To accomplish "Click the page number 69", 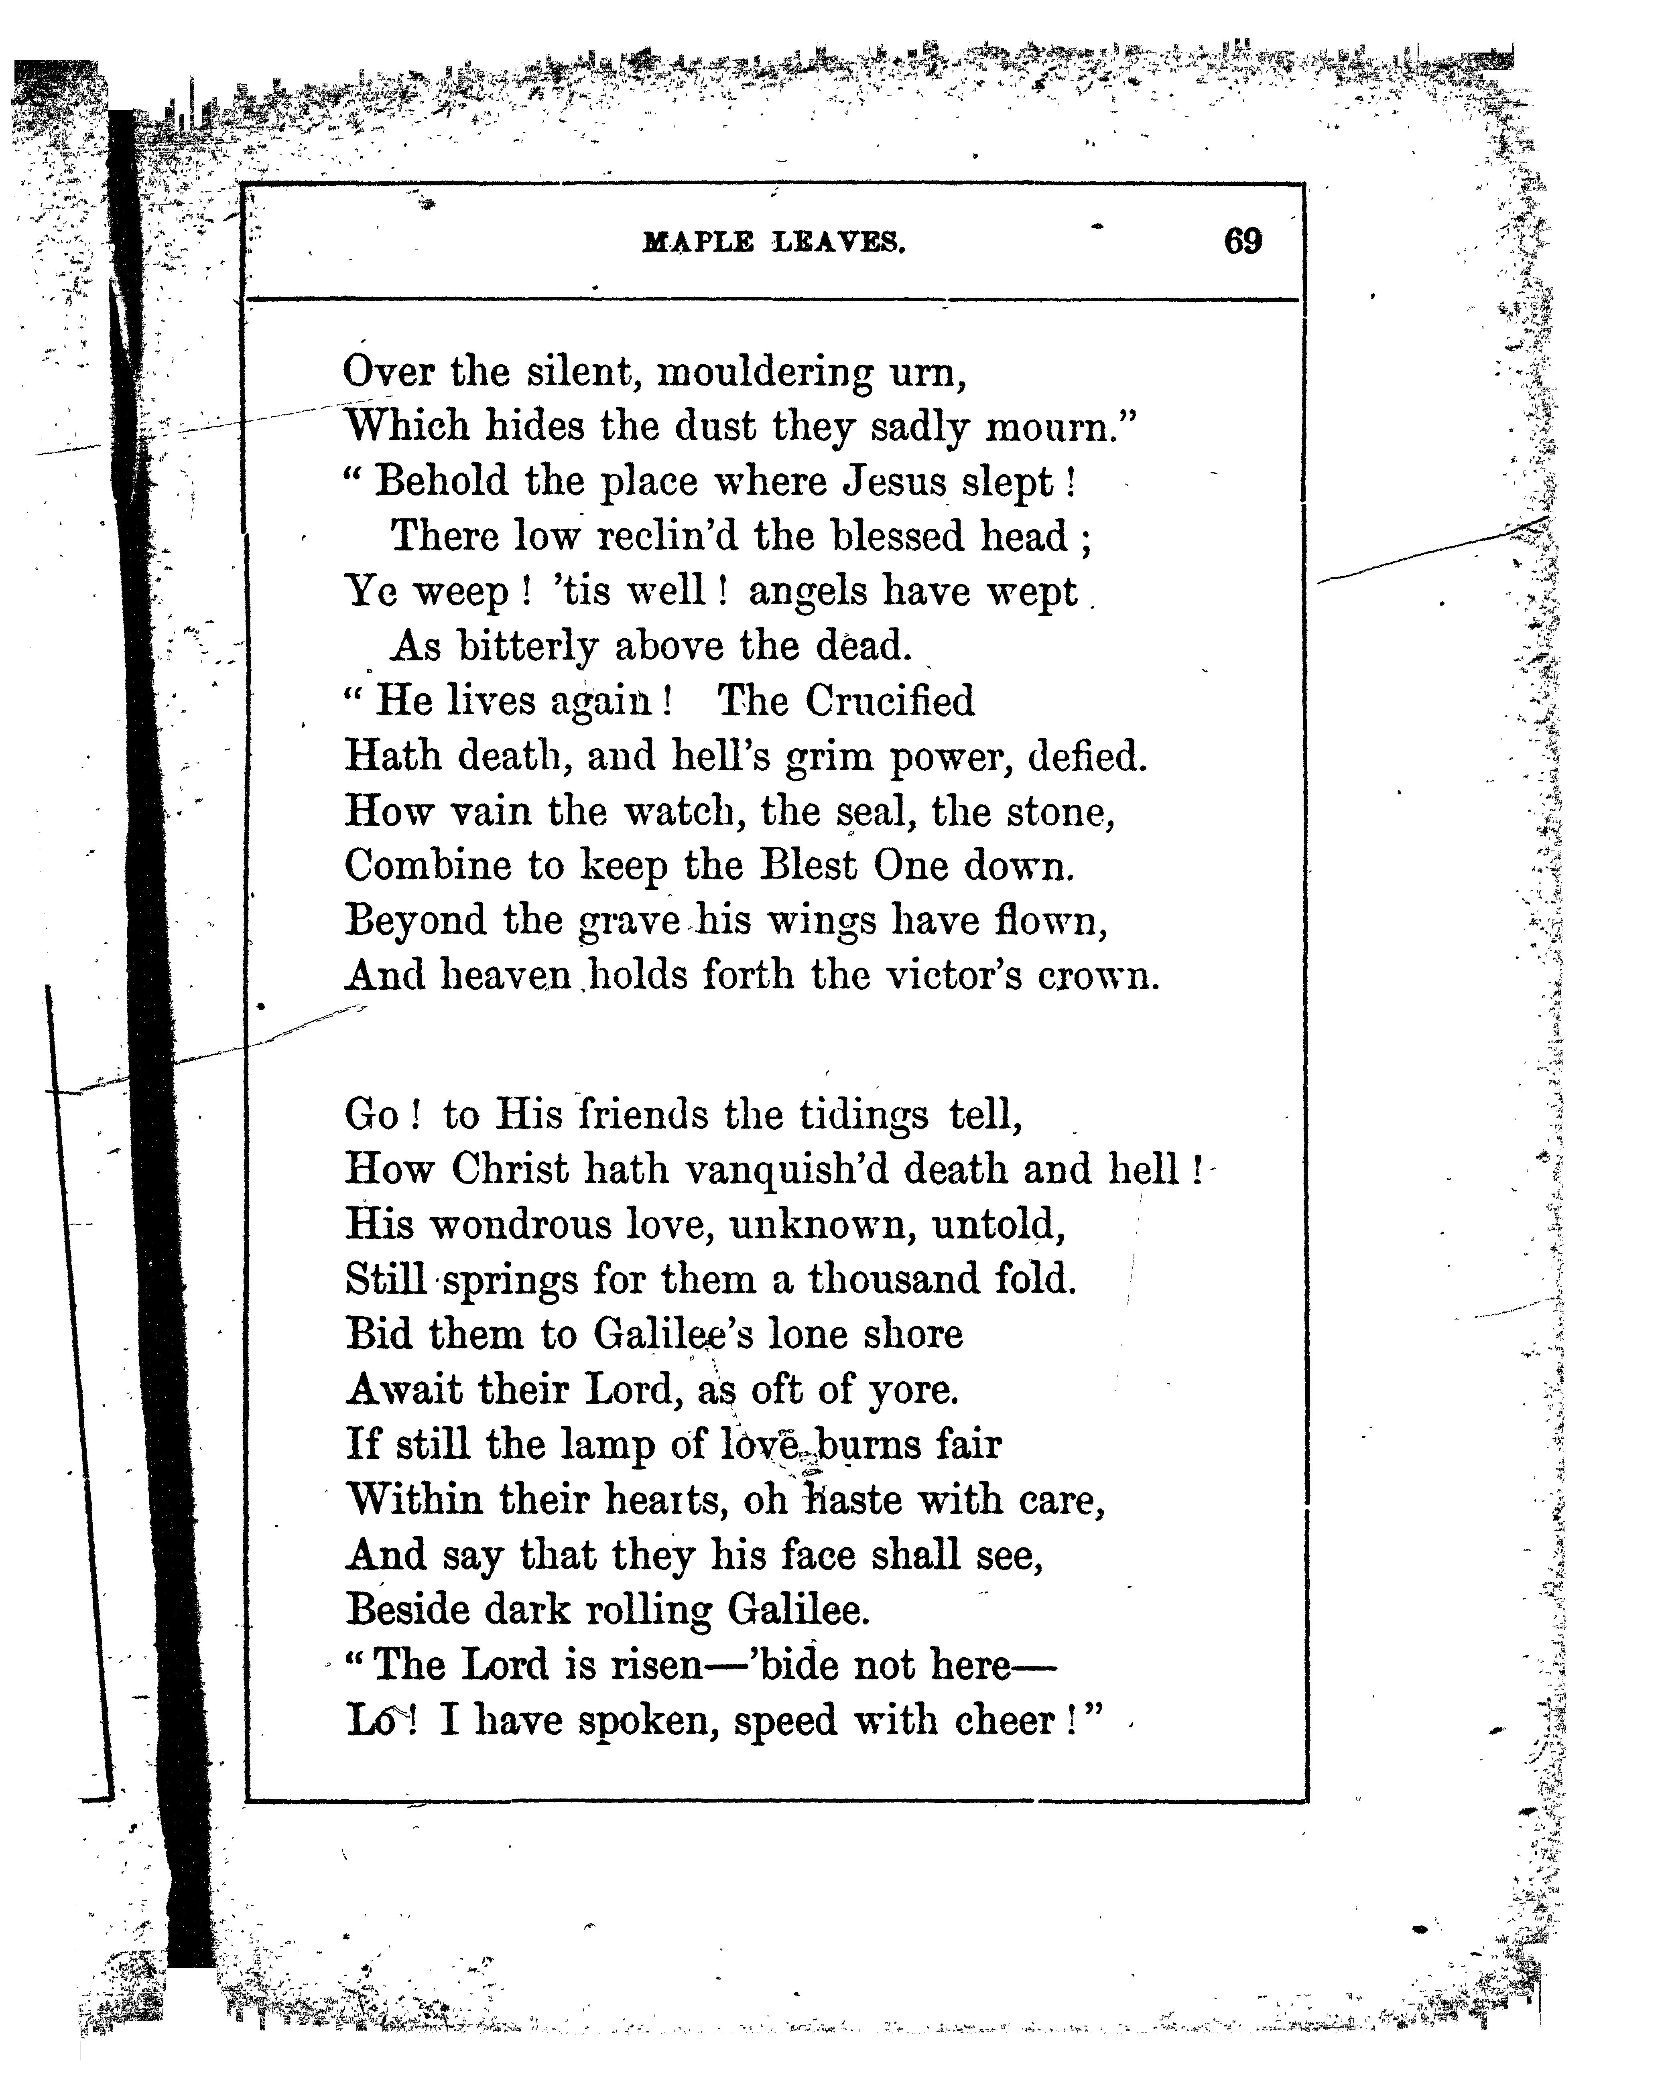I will coord(1243,241).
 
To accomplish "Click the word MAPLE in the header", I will coord(697,243).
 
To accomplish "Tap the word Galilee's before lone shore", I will coord(674,1335).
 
